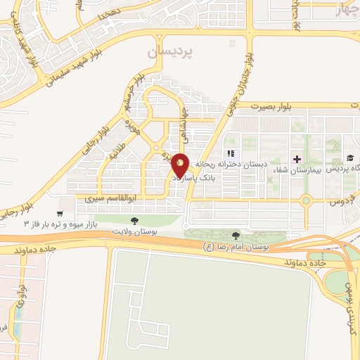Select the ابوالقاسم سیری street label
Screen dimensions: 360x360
click(x=109, y=199)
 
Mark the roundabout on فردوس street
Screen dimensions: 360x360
click(x=306, y=200)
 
